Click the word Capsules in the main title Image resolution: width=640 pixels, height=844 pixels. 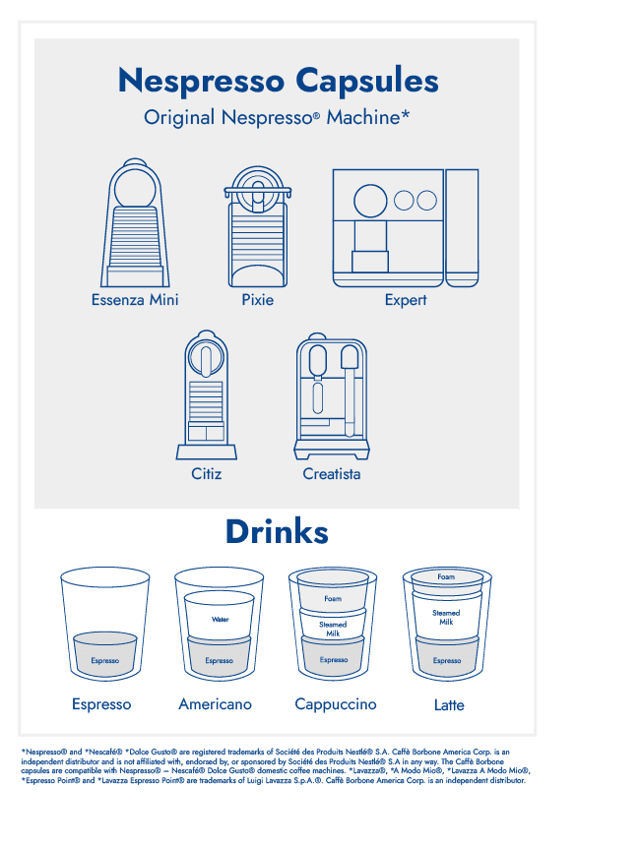coord(367,82)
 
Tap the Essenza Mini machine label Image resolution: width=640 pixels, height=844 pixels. coord(135,300)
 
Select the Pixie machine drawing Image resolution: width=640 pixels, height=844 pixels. coord(258,226)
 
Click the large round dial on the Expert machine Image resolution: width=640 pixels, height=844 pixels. coord(370,201)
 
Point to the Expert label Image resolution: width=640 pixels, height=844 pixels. coord(405,300)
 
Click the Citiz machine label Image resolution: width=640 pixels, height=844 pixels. coord(207,474)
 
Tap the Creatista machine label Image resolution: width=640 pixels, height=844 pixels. coord(331,474)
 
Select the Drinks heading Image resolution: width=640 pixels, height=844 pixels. coord(277,532)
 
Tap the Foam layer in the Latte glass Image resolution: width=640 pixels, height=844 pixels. coord(447,577)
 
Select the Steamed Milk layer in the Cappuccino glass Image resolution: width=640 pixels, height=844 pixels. coord(333,627)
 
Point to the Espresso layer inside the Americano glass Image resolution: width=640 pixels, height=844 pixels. coord(220,657)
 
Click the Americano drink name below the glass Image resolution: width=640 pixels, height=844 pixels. coord(216,704)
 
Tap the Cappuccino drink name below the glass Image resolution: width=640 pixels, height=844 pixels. coord(336,704)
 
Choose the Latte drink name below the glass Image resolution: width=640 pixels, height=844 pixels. coord(449,705)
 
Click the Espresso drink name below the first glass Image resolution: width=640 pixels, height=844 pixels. coord(101,704)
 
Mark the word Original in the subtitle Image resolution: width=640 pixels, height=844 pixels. coord(179,117)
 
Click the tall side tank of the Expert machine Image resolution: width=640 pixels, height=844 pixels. coord(462,228)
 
